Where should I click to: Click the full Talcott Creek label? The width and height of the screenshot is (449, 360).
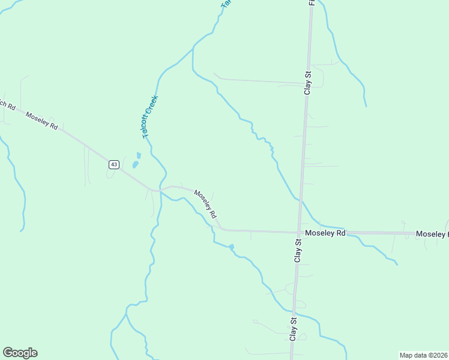click(150, 117)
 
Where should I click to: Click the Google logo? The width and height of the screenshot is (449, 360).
click(20, 353)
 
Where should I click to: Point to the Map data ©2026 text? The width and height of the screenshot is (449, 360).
click(423, 355)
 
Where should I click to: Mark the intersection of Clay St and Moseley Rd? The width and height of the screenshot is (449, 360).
click(299, 232)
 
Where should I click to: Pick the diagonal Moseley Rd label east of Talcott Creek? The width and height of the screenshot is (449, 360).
click(205, 204)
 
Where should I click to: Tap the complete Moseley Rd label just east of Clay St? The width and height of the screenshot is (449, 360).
click(325, 233)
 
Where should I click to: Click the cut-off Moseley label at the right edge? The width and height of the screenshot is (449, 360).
click(432, 234)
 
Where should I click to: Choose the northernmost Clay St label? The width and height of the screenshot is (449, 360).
click(308, 83)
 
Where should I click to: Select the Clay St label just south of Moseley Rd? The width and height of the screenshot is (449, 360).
click(298, 250)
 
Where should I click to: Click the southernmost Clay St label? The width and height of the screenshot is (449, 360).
click(294, 329)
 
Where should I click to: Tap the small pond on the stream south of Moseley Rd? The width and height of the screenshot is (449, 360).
click(231, 247)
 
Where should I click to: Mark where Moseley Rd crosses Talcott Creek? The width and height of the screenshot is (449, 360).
click(161, 190)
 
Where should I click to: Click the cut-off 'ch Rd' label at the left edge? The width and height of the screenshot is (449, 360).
click(7, 103)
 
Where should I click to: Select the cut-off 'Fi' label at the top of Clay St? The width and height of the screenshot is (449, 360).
click(312, 3)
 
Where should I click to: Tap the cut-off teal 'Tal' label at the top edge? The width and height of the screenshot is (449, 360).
click(226, 4)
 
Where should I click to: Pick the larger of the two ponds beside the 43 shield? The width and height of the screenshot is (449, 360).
click(136, 164)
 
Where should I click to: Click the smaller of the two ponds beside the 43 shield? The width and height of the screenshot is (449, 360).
click(139, 155)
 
